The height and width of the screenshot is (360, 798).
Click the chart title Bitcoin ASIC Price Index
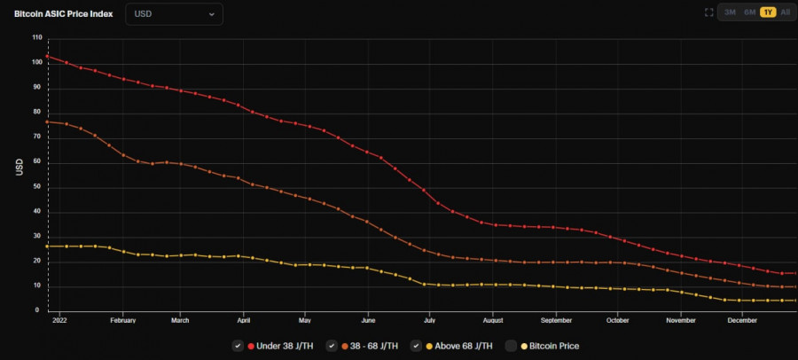point(63,14)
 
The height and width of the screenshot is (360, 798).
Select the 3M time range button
point(730,12)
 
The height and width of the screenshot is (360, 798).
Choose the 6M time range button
point(749,12)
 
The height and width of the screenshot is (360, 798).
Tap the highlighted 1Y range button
point(768,12)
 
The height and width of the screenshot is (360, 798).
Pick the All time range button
point(786,12)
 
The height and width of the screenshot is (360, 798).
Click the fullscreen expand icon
point(708,12)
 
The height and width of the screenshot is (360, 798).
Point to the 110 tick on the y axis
point(36,37)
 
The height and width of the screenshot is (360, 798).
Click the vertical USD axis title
point(18,168)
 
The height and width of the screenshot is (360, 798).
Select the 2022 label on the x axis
point(59,319)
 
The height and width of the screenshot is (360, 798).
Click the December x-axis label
point(742,319)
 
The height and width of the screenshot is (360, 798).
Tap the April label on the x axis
point(243,319)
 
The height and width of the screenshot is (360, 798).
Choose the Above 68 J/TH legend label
point(465,346)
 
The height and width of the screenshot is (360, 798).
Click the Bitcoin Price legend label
point(554,346)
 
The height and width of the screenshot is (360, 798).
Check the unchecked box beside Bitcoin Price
point(512,346)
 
